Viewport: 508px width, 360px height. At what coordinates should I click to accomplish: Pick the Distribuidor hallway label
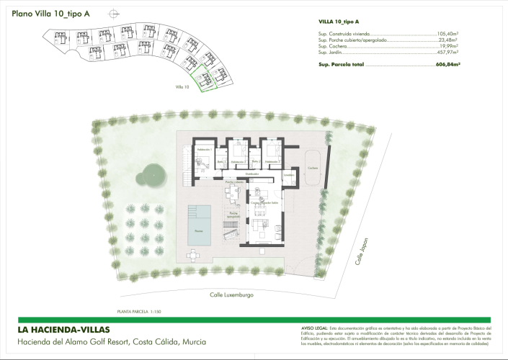click(251, 174)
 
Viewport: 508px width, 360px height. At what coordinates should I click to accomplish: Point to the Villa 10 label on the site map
click(182, 86)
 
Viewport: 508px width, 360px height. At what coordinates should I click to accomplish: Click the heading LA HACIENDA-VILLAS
click(64, 330)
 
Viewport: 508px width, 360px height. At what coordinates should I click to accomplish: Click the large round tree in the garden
click(151, 173)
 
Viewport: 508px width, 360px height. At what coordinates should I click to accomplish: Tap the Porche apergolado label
click(233, 215)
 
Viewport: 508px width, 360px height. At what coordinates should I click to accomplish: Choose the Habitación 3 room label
click(272, 162)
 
